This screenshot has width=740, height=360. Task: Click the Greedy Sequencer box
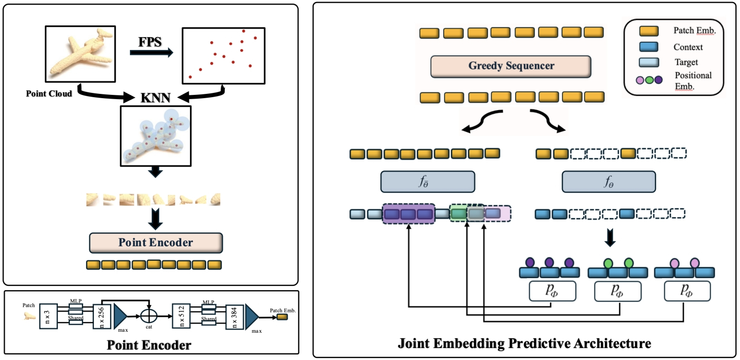[511, 66]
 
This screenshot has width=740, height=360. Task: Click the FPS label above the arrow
[150, 42]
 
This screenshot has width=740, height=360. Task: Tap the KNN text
[155, 98]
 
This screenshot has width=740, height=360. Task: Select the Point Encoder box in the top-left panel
[156, 242]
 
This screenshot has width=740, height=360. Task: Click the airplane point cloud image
[80, 54]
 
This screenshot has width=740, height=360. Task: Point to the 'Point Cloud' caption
[49, 93]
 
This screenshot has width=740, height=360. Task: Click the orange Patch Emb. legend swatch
[649, 31]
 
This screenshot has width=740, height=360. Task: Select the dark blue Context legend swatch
[649, 47]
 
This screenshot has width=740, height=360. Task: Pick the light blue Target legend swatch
[649, 62]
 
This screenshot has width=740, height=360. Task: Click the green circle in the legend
[649, 80]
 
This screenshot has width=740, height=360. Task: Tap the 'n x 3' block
[48, 317]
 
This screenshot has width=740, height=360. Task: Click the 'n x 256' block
[102, 317]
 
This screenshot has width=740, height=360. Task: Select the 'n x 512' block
[181, 317]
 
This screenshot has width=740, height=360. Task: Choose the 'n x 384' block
[234, 317]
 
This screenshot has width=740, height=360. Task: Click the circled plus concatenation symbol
[148, 316]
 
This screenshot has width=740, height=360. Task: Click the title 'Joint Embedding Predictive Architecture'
[524, 343]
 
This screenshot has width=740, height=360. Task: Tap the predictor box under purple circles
[552, 291]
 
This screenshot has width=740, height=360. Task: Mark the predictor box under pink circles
[687, 291]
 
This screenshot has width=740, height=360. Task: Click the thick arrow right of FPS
[151, 53]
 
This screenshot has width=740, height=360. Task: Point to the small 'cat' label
[149, 327]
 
